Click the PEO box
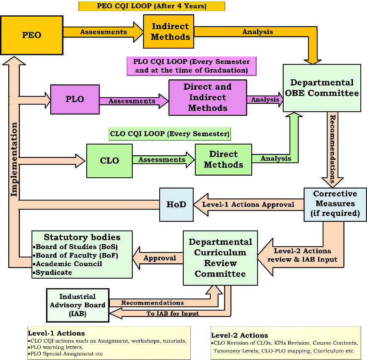(32, 35)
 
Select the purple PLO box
(75, 100)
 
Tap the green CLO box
(109, 160)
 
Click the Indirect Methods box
(170, 32)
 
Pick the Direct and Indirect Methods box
(207, 98)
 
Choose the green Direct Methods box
(223, 159)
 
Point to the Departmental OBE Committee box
(322, 88)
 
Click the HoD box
(176, 204)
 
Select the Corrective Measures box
(335, 204)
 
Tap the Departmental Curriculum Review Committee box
(220, 258)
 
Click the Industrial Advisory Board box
(78, 305)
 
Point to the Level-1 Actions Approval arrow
(248, 204)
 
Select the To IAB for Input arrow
(172, 314)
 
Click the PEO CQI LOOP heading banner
(151, 6)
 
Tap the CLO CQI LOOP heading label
(169, 134)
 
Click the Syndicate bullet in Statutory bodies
(54, 272)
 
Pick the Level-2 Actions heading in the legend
(240, 335)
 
